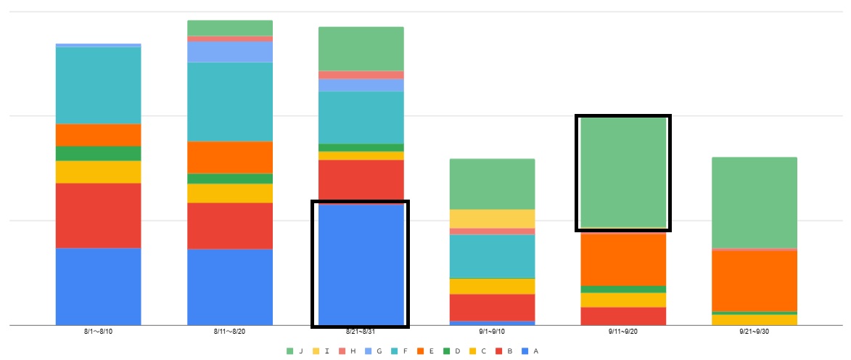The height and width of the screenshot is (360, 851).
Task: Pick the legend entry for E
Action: point(426,351)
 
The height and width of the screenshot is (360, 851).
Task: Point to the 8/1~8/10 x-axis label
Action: point(98,332)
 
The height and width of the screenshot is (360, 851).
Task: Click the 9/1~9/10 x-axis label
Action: point(492,332)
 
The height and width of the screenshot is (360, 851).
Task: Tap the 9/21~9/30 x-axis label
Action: point(755,332)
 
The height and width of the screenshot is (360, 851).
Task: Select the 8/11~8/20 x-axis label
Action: point(229,332)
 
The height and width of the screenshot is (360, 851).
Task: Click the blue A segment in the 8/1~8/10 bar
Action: point(98,286)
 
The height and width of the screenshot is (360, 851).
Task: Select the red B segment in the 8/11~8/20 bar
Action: point(229,226)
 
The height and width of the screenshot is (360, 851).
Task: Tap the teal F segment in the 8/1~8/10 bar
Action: point(98,85)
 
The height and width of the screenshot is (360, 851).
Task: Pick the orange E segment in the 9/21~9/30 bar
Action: point(755,280)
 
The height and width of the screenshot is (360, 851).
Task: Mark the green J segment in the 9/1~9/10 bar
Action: point(492,184)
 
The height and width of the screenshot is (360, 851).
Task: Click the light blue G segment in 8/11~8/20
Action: point(229,52)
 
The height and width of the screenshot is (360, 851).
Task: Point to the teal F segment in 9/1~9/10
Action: point(492,256)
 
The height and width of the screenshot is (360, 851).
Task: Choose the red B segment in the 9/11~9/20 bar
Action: point(623,316)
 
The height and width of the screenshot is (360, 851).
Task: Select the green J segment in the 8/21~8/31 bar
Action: point(361,49)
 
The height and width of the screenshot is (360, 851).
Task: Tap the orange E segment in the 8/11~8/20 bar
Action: point(229,157)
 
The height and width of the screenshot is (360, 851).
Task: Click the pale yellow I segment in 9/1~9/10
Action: point(492,218)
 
